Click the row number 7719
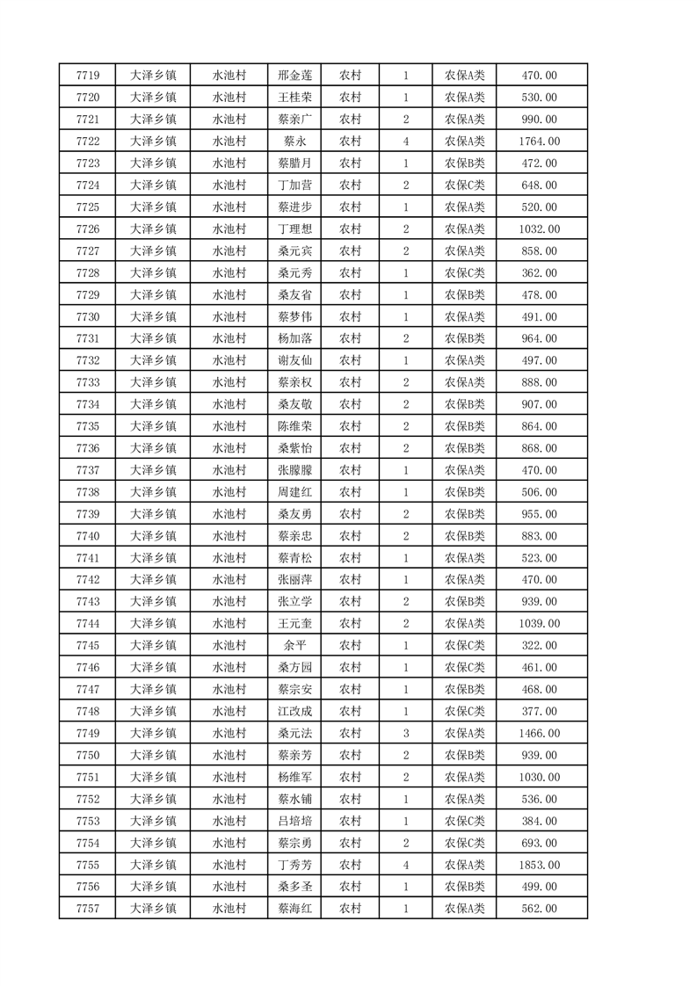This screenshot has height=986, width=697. [x=88, y=76]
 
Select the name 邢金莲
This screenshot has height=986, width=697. [x=294, y=76]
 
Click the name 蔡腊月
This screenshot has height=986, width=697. [x=294, y=163]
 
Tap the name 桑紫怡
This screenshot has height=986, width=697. [x=294, y=448]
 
